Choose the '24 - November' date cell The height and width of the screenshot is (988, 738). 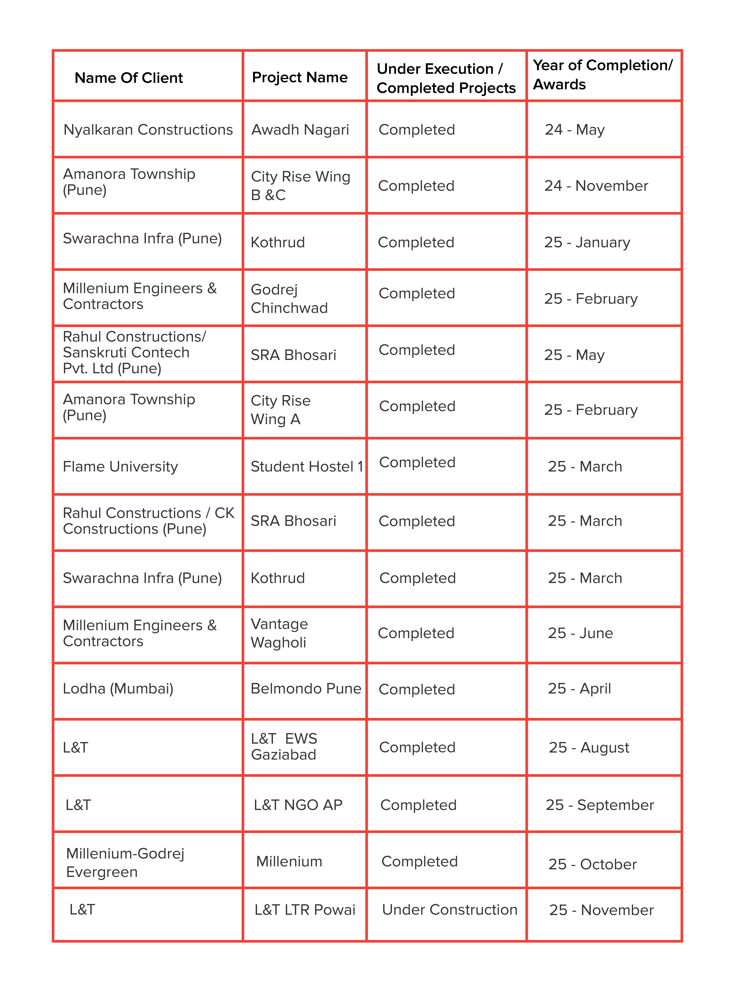[x=596, y=186]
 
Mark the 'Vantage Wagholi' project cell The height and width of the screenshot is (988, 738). [x=279, y=633]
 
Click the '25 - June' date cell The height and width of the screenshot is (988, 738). [x=580, y=633]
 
